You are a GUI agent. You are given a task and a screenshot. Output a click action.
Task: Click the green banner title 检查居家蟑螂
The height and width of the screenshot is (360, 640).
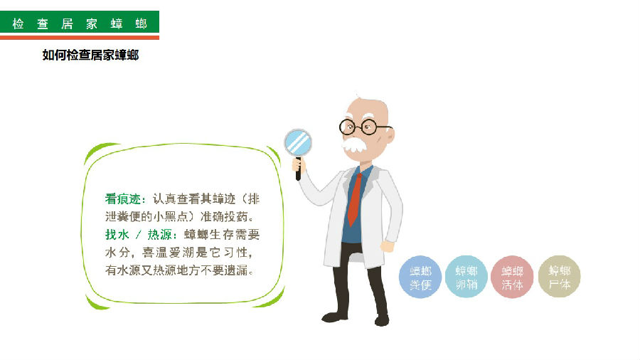[80, 23]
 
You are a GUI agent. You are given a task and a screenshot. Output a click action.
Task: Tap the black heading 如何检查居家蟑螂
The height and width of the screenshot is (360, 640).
[90, 55]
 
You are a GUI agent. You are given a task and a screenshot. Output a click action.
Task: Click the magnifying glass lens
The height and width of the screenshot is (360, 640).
[298, 143]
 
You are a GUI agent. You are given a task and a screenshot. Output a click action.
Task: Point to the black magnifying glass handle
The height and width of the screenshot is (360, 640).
[299, 169]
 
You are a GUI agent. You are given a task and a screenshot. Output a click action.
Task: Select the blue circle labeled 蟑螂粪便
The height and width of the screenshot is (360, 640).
[420, 277]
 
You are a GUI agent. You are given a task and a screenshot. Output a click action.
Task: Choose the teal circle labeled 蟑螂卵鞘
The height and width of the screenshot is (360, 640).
[466, 277]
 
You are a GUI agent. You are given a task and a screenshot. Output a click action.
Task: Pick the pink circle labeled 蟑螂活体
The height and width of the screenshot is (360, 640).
[512, 277]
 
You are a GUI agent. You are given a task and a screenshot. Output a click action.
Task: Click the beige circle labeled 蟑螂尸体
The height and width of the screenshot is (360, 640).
[559, 276]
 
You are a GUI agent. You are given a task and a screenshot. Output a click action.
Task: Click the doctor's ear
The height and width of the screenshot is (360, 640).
[390, 134]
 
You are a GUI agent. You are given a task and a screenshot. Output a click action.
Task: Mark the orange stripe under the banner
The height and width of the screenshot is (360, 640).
[80, 38]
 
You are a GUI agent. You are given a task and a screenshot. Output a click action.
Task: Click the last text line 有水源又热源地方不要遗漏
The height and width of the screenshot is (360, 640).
[180, 270]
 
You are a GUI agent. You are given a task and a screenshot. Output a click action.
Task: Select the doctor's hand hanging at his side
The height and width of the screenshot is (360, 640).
[387, 246]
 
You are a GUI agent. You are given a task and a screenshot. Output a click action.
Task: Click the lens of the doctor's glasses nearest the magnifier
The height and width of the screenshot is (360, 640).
[348, 127]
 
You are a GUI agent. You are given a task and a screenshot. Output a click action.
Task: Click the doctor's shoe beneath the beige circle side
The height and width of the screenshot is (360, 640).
[382, 320]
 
